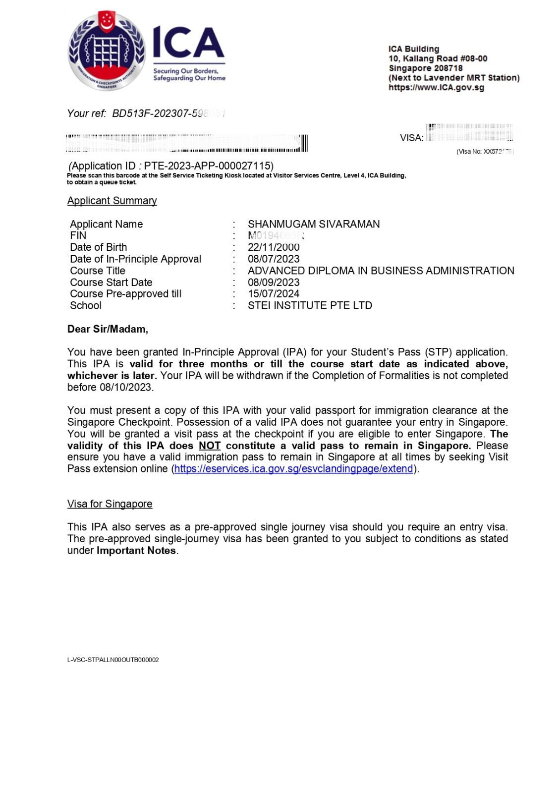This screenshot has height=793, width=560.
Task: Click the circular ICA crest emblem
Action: point(107,51)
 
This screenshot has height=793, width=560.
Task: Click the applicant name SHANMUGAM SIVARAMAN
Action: point(314,224)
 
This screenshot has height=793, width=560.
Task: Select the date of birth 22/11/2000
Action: point(274,247)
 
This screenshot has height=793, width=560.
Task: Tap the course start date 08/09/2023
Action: point(274,283)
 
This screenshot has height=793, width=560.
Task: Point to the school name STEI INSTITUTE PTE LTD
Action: point(310,306)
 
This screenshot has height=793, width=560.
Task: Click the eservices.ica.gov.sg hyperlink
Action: point(294,469)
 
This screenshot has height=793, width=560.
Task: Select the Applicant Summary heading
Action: point(112,201)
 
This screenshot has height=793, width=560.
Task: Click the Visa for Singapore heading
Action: point(110,504)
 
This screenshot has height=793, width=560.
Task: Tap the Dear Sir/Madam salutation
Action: point(108,329)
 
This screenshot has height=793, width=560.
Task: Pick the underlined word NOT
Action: point(210,446)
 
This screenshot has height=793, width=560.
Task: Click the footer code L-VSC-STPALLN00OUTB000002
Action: point(113,660)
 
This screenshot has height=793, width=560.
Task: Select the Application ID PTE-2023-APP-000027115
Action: point(208,166)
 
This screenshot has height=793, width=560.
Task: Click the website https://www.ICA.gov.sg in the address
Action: point(436,88)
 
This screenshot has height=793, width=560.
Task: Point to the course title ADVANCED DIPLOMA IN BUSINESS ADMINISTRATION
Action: point(381,271)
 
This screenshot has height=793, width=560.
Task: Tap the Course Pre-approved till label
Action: point(125,294)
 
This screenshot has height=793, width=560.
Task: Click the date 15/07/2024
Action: point(274,294)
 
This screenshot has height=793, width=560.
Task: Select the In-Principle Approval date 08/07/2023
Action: point(274,259)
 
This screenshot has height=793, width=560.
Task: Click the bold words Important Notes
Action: point(136,551)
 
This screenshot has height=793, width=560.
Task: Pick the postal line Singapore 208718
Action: point(425,68)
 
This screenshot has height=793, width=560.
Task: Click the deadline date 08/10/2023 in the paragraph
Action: point(126,388)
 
